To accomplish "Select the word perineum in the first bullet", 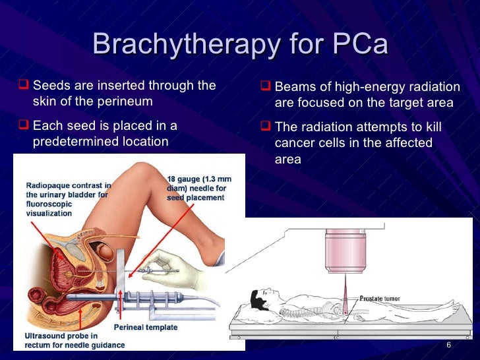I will pos(125,101).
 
